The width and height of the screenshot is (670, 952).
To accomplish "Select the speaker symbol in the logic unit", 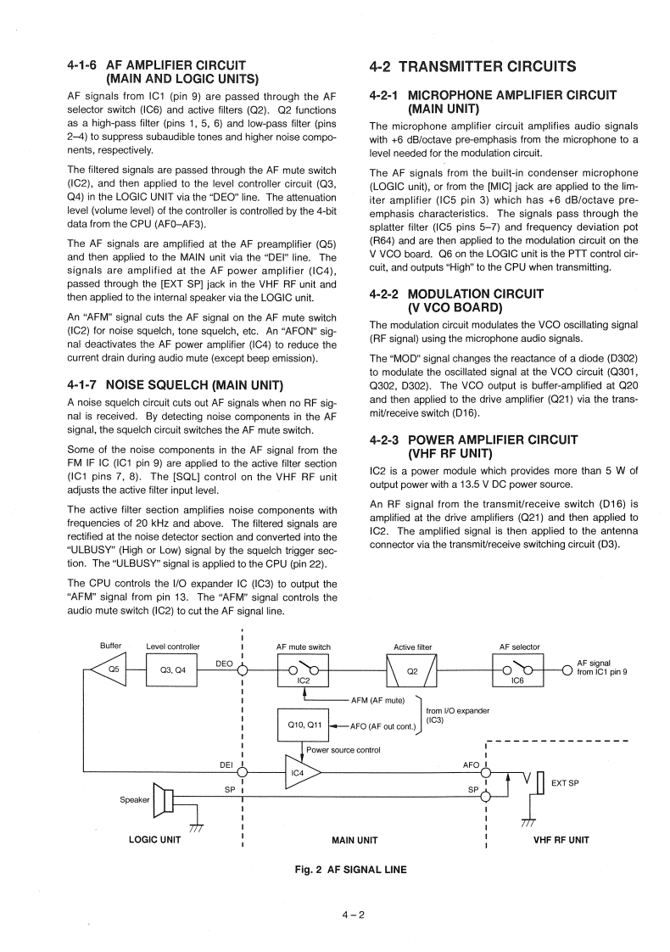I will [x=163, y=799].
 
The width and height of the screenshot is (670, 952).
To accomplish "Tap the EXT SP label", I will [x=566, y=783].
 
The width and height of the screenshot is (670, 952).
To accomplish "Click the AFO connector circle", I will [x=485, y=772].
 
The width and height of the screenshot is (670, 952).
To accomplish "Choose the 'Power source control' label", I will [x=343, y=750].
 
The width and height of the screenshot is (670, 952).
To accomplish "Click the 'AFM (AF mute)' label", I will [x=378, y=700].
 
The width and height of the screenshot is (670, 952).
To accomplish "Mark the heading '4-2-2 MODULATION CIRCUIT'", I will [x=457, y=294].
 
